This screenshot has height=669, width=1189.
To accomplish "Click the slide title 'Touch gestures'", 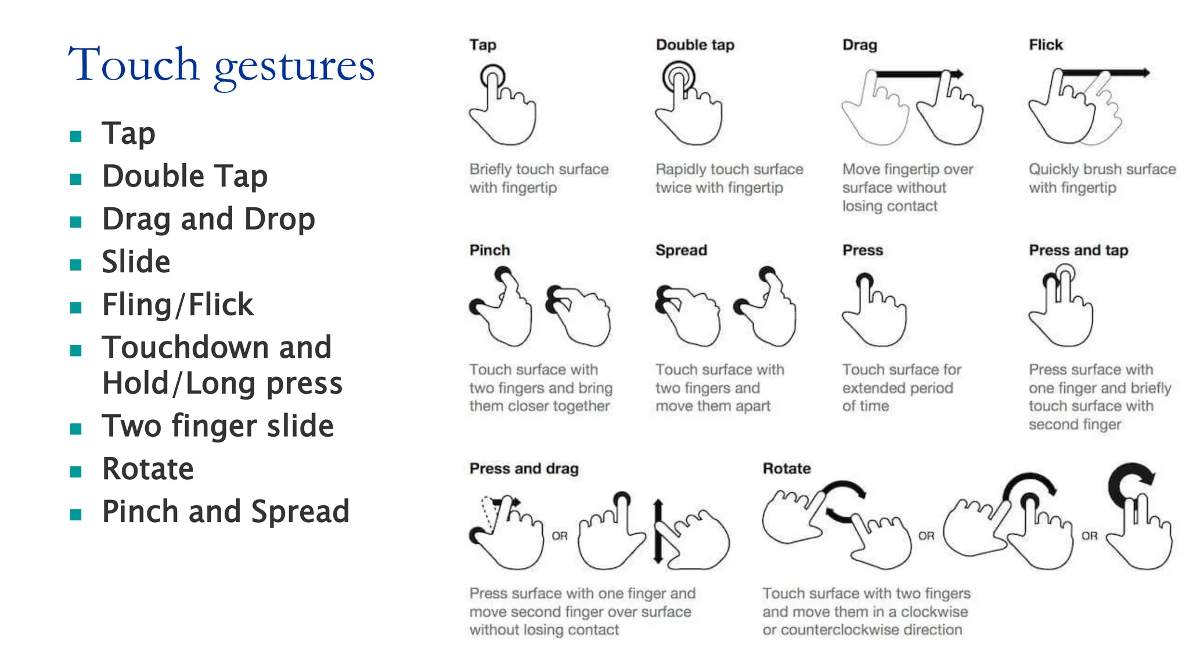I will [x=221, y=65].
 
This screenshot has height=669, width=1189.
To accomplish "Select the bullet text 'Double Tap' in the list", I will [x=185, y=176].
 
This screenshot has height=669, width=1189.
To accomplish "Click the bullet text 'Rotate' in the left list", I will [x=148, y=469].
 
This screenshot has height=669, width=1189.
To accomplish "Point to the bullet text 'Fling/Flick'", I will [x=178, y=304].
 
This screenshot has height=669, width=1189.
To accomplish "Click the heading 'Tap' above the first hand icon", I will [x=482, y=45].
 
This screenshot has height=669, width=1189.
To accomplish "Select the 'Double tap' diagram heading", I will [x=695, y=45].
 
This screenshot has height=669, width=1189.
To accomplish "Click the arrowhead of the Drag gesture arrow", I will [x=958, y=74].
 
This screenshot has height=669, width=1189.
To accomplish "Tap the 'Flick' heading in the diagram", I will [x=1046, y=45].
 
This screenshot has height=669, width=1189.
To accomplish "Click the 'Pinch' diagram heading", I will [x=489, y=250].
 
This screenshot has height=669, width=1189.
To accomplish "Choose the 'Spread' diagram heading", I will [x=681, y=250].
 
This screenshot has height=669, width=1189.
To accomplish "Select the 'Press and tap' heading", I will [x=1078, y=250].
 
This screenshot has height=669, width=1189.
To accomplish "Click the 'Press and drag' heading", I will [x=524, y=469].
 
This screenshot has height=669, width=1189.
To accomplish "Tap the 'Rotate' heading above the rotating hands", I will [x=787, y=469].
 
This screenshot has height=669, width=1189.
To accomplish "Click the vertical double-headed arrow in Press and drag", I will [x=658, y=531].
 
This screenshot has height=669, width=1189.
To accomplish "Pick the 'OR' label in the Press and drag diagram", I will [x=560, y=535].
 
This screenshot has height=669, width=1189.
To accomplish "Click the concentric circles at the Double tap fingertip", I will [x=678, y=77].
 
